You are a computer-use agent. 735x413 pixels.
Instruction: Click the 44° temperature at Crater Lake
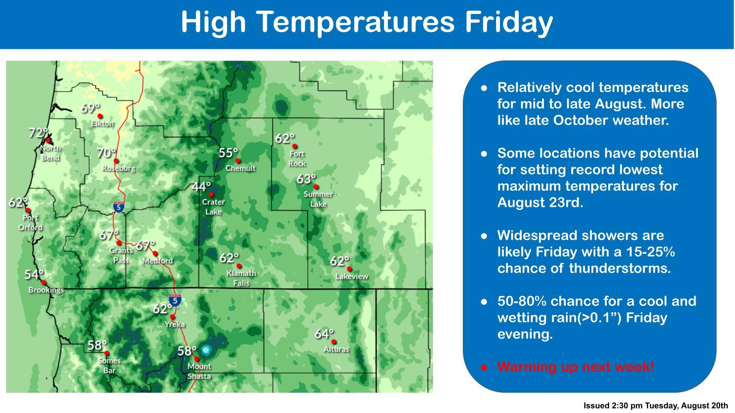(201, 187)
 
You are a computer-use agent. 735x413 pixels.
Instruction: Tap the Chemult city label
(240, 168)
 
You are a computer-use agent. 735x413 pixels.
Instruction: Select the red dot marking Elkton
(100, 116)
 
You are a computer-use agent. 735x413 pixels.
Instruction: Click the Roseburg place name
(119, 168)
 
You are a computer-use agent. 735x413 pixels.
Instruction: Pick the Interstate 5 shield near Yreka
(175, 301)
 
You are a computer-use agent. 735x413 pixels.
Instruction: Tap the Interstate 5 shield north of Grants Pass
(119, 207)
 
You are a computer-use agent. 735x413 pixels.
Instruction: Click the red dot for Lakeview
(349, 269)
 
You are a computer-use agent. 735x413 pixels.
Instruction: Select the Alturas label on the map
(336, 349)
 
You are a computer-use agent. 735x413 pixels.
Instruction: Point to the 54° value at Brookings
(34, 274)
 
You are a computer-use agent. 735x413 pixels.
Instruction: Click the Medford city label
(157, 261)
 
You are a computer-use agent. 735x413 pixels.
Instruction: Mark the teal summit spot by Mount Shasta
(206, 350)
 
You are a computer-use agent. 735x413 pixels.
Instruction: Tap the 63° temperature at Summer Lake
(306, 179)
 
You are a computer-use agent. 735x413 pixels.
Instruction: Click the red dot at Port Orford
(28, 210)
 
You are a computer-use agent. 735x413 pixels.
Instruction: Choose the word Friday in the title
(509, 22)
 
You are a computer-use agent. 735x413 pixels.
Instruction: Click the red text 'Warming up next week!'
(576, 367)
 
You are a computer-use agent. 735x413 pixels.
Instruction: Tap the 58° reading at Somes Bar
(97, 345)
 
